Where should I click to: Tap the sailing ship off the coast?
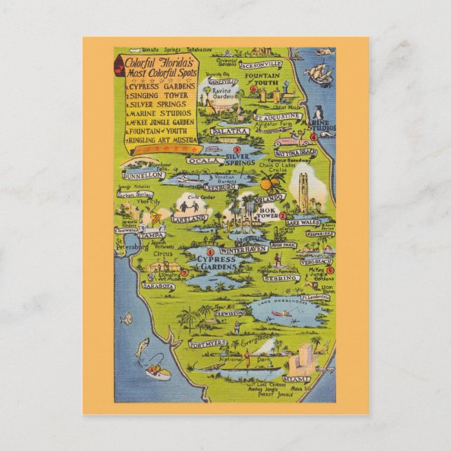318,71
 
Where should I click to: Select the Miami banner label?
297,379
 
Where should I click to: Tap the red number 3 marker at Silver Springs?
237,150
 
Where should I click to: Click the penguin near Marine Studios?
318,113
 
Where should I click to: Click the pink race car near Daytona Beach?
289,142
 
